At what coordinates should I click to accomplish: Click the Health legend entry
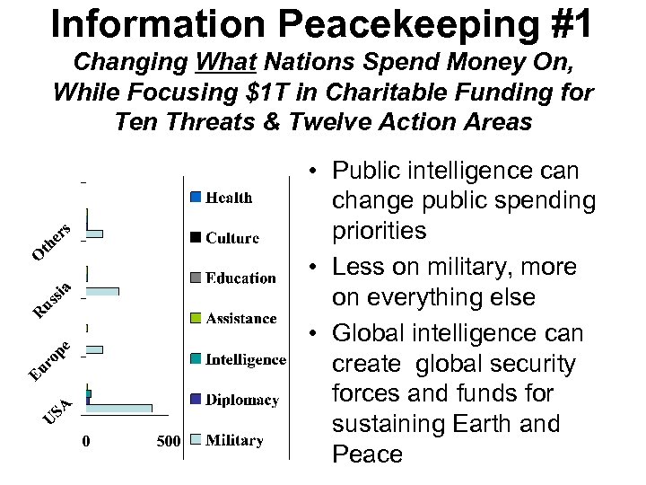pyautogui.click(x=229, y=198)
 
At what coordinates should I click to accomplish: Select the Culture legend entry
pyautogui.click(x=231, y=238)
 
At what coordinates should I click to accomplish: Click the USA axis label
pyautogui.click(x=57, y=410)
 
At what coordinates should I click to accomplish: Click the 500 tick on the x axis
pyautogui.click(x=169, y=441)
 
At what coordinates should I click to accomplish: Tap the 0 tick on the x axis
pyautogui.click(x=86, y=441)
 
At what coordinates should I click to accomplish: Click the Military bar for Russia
pyautogui.click(x=102, y=291)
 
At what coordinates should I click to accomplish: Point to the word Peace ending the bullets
pyautogui.click(x=367, y=454)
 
